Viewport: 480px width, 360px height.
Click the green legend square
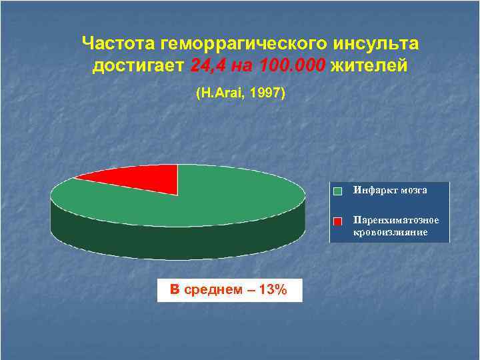(x=338, y=191)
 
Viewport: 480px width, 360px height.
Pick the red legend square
(x=338, y=221)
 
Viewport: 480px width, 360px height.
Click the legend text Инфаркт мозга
(x=390, y=190)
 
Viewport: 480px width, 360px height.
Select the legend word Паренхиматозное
(x=396, y=219)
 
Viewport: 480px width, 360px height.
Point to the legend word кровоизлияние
(x=390, y=231)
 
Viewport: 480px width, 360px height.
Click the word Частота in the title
(x=118, y=44)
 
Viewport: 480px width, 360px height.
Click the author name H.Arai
(x=217, y=94)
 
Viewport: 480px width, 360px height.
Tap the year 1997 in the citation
(x=267, y=94)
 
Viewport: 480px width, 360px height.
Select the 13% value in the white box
(x=273, y=290)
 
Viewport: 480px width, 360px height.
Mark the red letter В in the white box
(x=175, y=290)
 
